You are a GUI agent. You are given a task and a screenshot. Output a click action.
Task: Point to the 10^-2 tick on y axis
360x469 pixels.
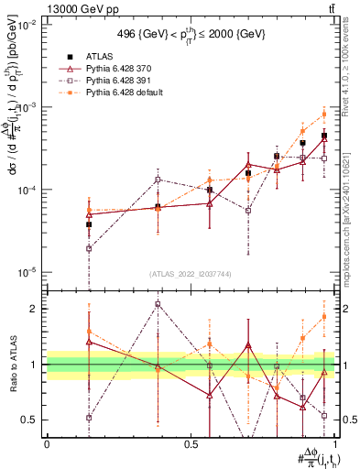click(29, 25)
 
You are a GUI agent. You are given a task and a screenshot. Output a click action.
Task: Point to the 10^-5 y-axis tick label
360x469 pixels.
click(29, 272)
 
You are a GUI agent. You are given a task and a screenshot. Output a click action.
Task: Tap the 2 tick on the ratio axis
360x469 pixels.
click(32, 309)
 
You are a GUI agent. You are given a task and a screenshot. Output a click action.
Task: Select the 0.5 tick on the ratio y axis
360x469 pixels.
click(29, 420)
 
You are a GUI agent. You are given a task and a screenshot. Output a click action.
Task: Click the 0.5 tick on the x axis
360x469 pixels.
click(191, 442)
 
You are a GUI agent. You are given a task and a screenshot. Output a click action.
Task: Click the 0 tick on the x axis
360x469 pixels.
click(47, 442)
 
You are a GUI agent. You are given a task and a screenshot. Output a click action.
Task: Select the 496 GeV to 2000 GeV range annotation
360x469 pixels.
click(191, 35)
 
